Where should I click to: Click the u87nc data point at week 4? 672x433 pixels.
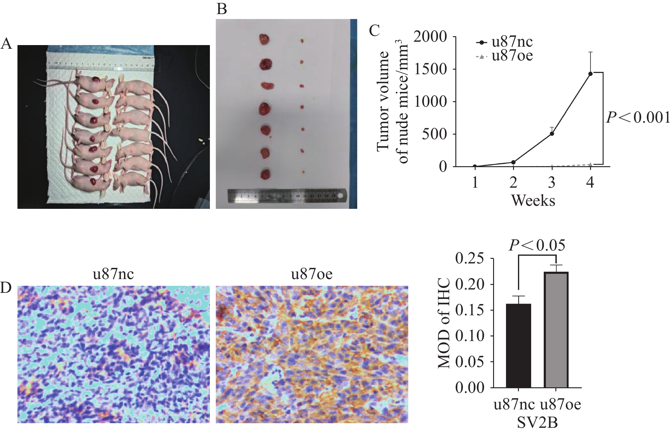pos(590,74)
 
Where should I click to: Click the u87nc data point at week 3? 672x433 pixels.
pos(552,134)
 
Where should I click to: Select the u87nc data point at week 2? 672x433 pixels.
pos(513,162)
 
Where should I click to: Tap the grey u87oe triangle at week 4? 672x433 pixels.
pos(590,165)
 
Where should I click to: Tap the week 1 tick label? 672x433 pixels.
pos(475,183)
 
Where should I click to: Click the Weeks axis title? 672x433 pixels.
pos(533,201)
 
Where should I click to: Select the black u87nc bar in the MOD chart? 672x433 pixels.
pos(518,350)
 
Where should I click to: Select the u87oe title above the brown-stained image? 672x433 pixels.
pos(312,274)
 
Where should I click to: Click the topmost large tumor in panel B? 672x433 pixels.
pos(264,40)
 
